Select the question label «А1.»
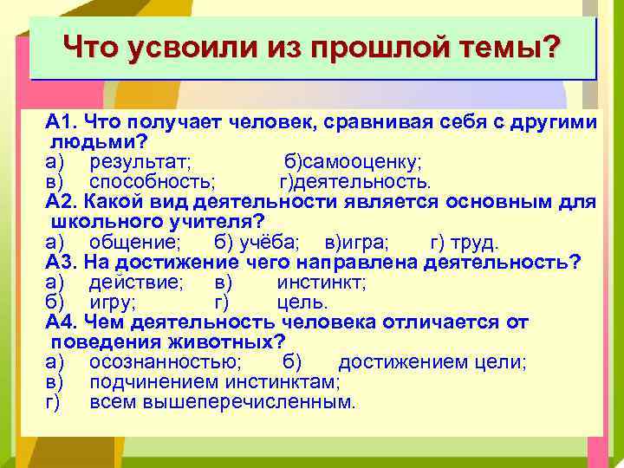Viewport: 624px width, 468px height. click(x=63, y=122)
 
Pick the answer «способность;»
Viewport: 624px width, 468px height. click(x=153, y=182)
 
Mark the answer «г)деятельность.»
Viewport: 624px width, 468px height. click(x=354, y=182)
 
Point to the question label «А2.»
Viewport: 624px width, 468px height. click(x=63, y=202)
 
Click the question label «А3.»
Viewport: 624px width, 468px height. click(x=63, y=263)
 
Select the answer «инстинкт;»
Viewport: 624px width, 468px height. click(x=322, y=283)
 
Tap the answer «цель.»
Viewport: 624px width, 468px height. click(x=302, y=302)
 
